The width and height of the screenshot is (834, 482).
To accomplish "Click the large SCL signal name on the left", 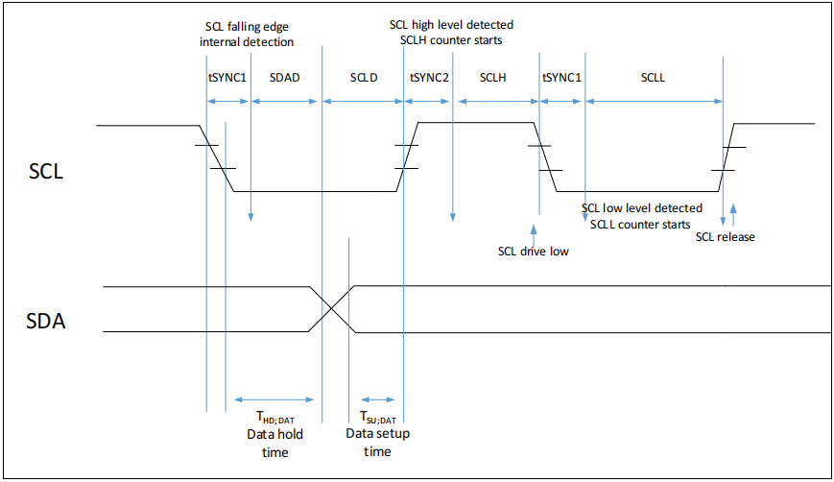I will (x=47, y=174).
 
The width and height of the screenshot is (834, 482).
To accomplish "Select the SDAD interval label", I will (x=286, y=77).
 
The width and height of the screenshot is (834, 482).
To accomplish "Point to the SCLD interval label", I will (x=364, y=77).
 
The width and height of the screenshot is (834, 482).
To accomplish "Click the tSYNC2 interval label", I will (x=429, y=77).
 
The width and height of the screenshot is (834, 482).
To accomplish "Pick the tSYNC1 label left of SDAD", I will (x=228, y=77).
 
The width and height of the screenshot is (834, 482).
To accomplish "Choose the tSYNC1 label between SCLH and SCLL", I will (x=561, y=77).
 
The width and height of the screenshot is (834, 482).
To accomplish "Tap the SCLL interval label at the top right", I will (x=653, y=77).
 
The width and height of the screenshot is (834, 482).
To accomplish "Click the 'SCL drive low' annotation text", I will (x=534, y=252).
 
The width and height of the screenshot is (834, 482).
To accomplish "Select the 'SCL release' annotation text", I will (x=725, y=237).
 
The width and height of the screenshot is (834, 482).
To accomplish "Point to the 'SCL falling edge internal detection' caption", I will (x=249, y=35).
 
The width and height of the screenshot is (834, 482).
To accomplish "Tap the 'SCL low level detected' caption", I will (x=642, y=208).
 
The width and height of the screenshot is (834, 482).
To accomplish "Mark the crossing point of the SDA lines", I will (x=331, y=309).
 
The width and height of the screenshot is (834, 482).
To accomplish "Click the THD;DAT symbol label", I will (x=275, y=416).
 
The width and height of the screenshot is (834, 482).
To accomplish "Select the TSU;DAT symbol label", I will (x=377, y=416).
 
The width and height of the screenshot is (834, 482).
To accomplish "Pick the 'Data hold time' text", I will (x=275, y=443).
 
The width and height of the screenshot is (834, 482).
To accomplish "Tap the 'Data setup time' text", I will (x=377, y=443).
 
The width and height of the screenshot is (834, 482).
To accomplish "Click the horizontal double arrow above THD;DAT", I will (x=275, y=399).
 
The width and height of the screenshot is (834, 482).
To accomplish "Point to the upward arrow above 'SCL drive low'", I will (x=533, y=232).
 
